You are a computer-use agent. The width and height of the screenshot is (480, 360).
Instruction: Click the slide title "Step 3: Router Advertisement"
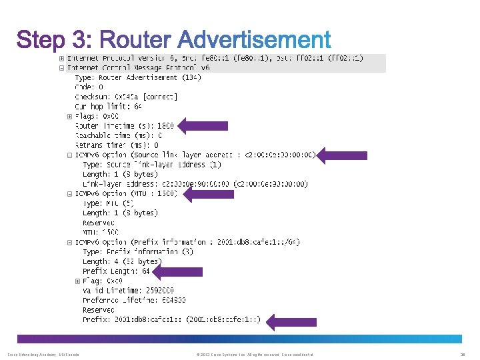coord(174,39)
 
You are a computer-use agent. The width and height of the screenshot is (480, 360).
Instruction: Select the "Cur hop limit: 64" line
coord(108,106)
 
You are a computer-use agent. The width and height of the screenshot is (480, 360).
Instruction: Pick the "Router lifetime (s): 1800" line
coord(125,125)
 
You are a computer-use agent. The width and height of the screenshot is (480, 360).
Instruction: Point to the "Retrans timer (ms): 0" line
coord(117,145)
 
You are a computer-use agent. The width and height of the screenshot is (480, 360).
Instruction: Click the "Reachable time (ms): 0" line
coord(119,135)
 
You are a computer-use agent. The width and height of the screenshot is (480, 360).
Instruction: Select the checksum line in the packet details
coord(126,97)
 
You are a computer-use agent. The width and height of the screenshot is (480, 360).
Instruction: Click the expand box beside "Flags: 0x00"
coord(70,116)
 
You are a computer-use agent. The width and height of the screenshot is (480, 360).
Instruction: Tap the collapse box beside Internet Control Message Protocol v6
coord(61,67)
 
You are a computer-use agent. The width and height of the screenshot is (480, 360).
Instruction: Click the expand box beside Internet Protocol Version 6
coord(61,59)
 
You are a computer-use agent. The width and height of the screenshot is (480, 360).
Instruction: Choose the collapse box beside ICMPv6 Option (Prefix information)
coord(70,242)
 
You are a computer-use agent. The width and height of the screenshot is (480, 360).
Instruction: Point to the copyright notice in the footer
coord(251,355)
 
